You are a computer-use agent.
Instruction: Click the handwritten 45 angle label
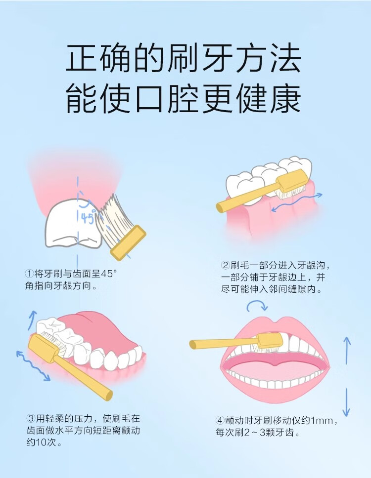pos(88,217)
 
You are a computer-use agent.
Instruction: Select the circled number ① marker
pos(29,274)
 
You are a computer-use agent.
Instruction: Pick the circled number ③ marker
pos(29,418)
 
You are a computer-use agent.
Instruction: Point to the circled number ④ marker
pos(220,421)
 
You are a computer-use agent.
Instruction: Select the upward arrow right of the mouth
pos(347,350)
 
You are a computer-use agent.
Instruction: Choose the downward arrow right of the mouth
pos(347,402)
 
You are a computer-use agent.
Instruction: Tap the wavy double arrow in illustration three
pos(33,366)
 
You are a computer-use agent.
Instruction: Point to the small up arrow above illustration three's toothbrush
pos(33,318)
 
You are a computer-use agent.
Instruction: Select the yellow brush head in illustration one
pos(128,242)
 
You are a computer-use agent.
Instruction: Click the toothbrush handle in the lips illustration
pos(223,342)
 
